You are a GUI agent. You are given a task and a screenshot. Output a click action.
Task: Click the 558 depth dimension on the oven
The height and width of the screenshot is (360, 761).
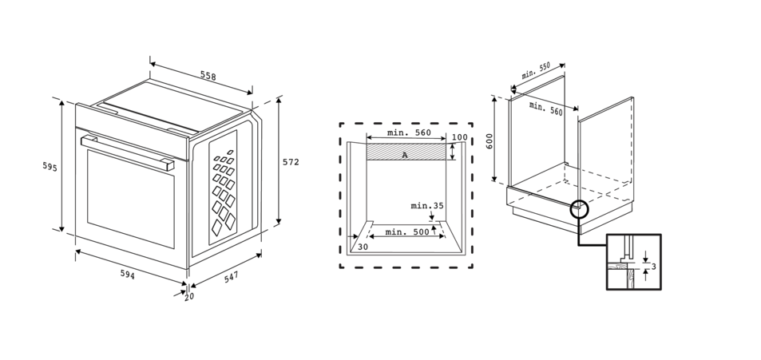tap(208, 77)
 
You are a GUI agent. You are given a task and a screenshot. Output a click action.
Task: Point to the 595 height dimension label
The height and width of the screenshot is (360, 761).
tap(50, 166)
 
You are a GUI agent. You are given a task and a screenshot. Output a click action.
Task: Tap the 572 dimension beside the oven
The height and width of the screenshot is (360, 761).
tap(291, 162)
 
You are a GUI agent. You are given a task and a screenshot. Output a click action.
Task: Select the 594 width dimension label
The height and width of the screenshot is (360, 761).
tap(128, 275)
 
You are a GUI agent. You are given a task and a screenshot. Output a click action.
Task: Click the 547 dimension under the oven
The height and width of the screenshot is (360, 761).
tap(232, 276)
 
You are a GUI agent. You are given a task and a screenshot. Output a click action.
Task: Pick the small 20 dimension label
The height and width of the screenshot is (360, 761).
tap(189, 297)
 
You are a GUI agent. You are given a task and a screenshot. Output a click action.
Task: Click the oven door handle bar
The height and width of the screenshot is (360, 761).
tap(128, 151)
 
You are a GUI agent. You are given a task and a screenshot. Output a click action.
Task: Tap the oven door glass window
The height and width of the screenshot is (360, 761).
tap(130, 197)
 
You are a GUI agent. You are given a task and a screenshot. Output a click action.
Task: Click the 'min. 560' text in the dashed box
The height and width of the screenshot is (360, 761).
tap(409, 133)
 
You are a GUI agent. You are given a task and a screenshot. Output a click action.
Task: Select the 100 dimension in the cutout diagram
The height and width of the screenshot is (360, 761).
tap(459, 137)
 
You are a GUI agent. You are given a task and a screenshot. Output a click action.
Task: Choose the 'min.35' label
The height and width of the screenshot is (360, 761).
tap(427, 206)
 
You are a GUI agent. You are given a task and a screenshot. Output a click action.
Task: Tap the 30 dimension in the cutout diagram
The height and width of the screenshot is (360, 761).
tap(363, 247)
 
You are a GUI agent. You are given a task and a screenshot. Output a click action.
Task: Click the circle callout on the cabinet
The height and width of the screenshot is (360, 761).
tap(578, 209)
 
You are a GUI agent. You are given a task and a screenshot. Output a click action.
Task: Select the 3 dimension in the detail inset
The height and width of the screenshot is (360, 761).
tap(653, 266)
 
